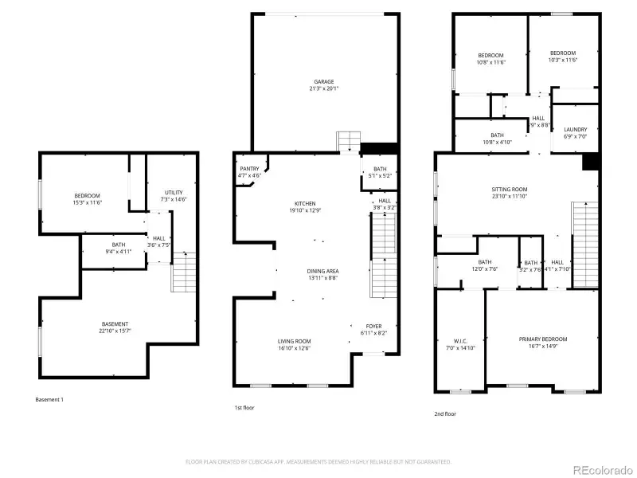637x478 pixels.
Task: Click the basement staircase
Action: click(183, 272)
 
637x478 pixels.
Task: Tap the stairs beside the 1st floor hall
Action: click(384, 239)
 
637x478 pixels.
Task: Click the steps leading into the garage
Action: click(349, 141)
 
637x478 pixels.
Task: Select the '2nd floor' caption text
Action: click(446, 414)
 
